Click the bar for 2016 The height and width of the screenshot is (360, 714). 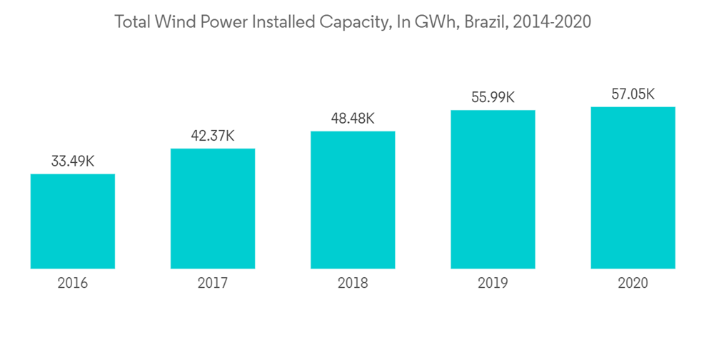(73, 221)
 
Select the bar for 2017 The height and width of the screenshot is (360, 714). (213, 209)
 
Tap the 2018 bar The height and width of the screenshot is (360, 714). (353, 200)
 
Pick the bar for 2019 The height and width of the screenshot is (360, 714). (493, 189)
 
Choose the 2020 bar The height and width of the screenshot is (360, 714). (633, 188)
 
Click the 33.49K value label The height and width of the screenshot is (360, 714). (73, 161)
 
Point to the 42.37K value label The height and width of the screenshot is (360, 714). (213, 136)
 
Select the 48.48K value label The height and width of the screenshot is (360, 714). (353, 119)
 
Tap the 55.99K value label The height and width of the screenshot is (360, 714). (493, 98)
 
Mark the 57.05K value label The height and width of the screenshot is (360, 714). (633, 94)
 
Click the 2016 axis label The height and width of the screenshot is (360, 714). (73, 284)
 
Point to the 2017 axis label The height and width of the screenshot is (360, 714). (213, 284)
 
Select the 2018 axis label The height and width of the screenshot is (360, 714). (353, 284)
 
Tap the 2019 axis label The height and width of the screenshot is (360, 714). (493, 284)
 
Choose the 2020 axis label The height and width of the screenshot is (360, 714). (633, 284)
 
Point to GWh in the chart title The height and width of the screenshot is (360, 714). (436, 22)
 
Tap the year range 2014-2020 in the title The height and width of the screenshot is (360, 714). (553, 22)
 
